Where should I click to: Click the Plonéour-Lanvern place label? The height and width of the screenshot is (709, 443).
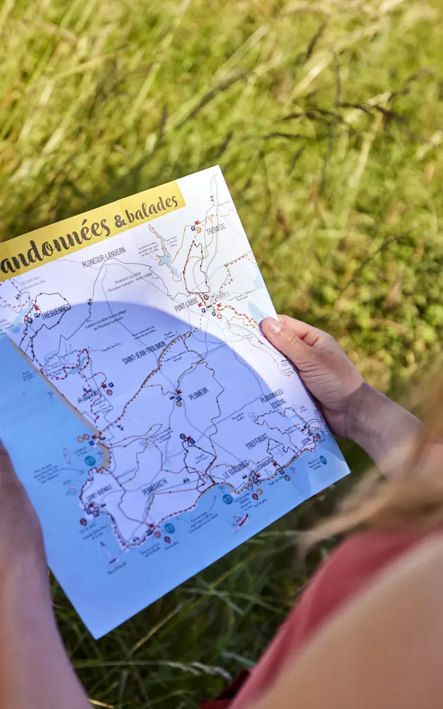pos(103,256)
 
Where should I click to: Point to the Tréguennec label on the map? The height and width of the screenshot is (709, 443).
pos(55,312)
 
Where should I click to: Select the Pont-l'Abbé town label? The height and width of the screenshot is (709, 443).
pos(186,302)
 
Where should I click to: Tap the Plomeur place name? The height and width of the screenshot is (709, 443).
pos(198,393)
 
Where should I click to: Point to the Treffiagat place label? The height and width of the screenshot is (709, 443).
pos(256,440)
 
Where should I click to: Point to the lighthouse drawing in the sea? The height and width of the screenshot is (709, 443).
pos(107,553)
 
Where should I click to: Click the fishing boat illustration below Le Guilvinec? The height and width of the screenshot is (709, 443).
pos(241,520)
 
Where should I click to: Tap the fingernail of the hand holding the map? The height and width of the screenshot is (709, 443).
pos(270,326)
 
